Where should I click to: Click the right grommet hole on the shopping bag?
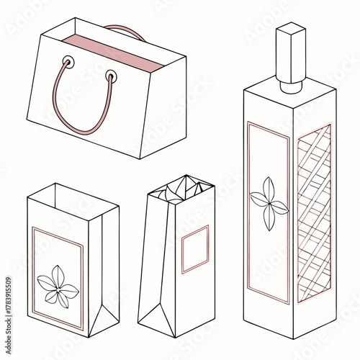[111, 74]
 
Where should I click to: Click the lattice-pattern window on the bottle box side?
[314, 212]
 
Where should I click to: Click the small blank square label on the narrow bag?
[194, 249]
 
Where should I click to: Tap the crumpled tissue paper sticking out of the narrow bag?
[176, 189]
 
